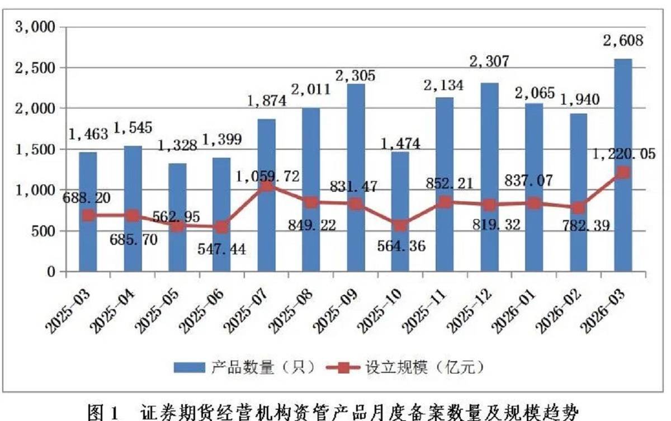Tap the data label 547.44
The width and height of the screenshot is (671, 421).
point(223,248)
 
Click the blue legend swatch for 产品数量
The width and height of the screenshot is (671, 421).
point(190,367)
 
